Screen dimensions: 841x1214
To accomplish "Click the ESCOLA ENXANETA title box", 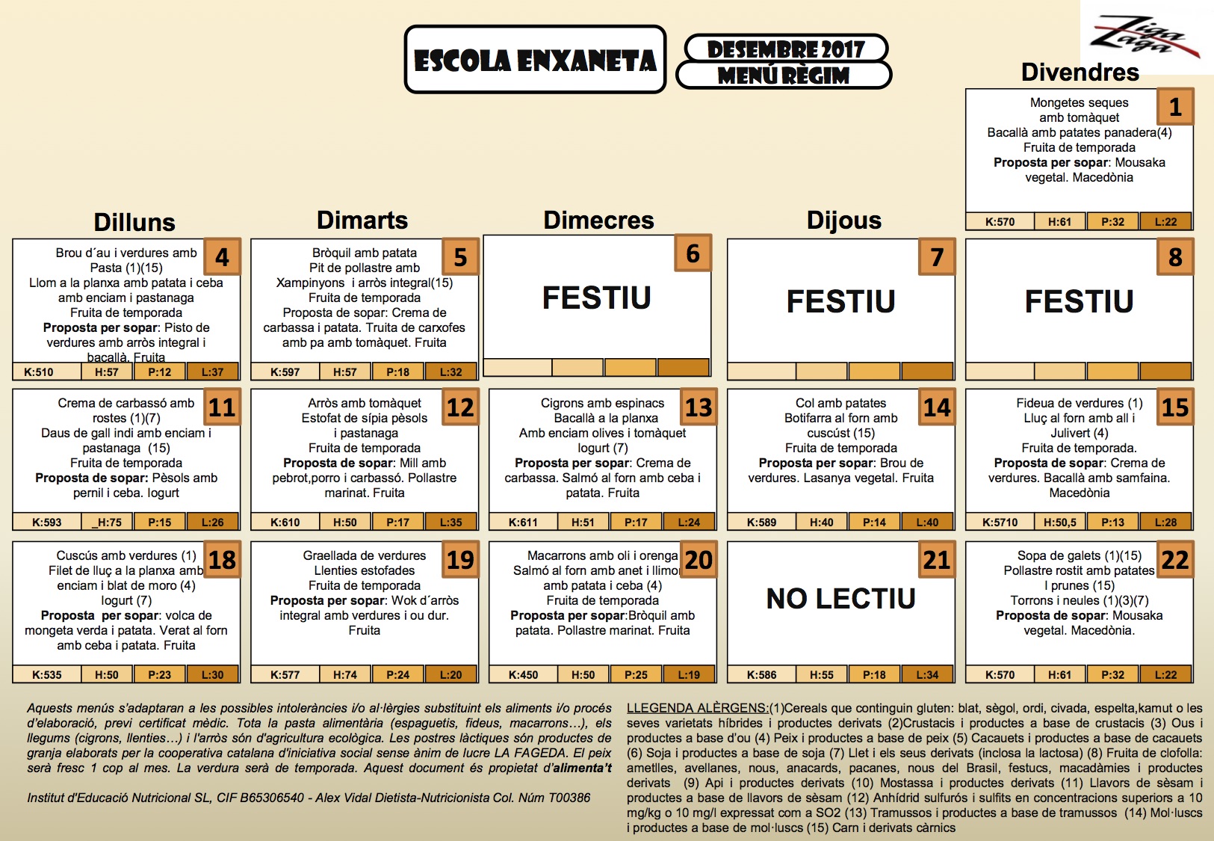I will pos(535,60).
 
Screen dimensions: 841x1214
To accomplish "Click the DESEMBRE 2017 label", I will pos(786,49).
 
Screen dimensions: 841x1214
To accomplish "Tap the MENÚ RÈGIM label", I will pos(784,75).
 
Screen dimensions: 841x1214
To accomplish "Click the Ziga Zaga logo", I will pos(1145,37).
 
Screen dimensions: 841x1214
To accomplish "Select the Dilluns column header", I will pos(134,222).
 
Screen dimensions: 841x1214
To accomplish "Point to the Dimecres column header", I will pos(598,220).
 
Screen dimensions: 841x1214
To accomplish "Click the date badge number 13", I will pos(699,407).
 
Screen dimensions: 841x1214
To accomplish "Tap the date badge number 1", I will pos(1175,107).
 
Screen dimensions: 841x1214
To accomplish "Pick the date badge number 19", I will pos(460,560).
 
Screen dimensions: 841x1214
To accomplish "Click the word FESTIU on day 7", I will pos(840,301).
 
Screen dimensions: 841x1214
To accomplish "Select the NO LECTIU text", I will pos(840,598).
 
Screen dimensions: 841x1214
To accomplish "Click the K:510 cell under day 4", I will pos(39,372).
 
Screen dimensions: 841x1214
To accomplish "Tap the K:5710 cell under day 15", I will pos(1000,523).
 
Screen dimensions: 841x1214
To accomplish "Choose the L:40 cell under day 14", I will pos(927,523).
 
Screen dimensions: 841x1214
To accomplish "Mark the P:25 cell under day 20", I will pos(636,675).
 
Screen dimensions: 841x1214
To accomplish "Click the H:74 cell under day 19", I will pos(345,675).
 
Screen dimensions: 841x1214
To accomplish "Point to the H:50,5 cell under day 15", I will pos(1059,523).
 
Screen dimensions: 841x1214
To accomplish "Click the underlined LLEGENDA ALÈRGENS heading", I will pos(697,708).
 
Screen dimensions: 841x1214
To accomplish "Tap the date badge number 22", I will pos(1175,560).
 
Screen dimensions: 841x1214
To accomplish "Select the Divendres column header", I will pos(1080,72).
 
